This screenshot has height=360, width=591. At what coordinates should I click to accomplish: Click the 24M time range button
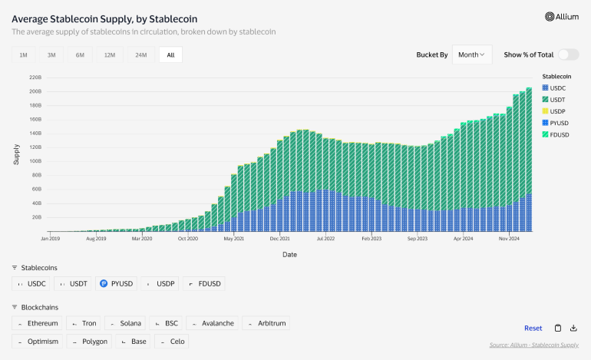click(x=140, y=55)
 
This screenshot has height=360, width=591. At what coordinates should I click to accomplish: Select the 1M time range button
click(x=23, y=55)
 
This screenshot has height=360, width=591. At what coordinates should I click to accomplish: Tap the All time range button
click(x=170, y=55)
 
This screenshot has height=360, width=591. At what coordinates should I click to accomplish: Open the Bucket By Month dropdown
click(x=471, y=54)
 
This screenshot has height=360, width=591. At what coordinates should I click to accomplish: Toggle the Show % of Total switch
click(x=567, y=54)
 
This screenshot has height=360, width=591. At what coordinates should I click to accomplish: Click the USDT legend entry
click(x=558, y=100)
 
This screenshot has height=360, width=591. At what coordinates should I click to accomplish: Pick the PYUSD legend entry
click(x=560, y=123)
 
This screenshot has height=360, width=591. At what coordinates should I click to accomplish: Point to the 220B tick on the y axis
click(x=35, y=78)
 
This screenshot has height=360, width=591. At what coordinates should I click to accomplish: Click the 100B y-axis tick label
click(x=35, y=162)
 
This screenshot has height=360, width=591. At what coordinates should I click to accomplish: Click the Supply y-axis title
click(x=16, y=154)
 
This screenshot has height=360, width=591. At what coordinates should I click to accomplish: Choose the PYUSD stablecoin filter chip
click(x=117, y=284)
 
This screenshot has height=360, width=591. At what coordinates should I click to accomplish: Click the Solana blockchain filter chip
click(x=124, y=323)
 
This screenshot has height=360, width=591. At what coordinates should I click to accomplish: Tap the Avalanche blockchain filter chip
click(x=212, y=323)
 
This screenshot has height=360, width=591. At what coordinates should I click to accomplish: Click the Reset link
click(x=533, y=328)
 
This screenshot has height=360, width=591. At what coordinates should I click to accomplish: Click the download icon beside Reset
click(x=573, y=328)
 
